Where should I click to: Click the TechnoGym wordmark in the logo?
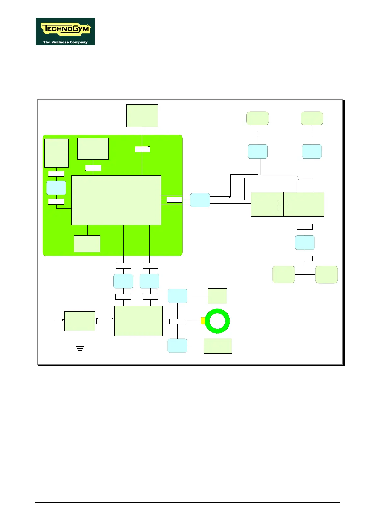[66, 29]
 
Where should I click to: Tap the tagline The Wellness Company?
[65, 42]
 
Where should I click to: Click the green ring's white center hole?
[217, 321]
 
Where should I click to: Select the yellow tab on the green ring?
[203, 321]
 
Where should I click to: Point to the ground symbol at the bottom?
[80, 348]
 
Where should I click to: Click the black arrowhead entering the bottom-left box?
[62, 320]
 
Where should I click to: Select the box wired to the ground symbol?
[80, 321]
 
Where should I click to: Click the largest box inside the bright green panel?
[116, 200]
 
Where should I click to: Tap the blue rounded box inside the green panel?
[56, 188]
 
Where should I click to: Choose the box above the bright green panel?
[142, 116]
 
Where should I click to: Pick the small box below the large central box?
[87, 244]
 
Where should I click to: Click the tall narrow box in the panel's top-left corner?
[56, 153]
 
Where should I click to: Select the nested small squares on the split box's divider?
[283, 206]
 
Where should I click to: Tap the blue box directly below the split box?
[305, 242]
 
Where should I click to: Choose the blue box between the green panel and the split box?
[200, 200]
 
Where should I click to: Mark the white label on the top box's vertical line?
[142, 149]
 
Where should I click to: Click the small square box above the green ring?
[217, 296]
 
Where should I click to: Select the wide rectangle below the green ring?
[217, 346]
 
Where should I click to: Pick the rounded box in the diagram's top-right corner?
[312, 118]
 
